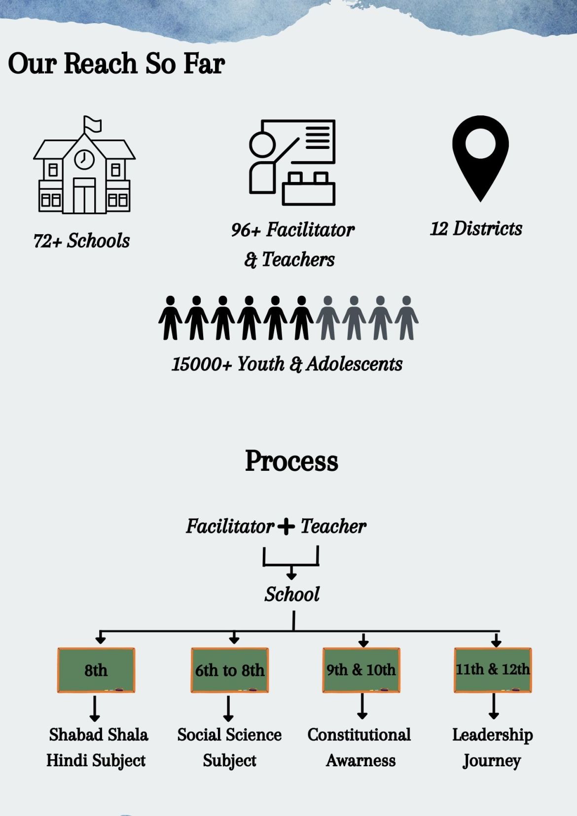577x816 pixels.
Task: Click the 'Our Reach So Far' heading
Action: (x=116, y=64)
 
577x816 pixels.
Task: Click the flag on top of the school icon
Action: (x=92, y=124)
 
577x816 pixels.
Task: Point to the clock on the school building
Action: (x=84, y=159)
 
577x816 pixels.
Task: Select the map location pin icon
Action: (x=480, y=158)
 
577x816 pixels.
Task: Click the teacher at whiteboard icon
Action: (x=292, y=162)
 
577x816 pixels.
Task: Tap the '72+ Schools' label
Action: (x=81, y=241)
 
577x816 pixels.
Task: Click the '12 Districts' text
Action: (x=476, y=229)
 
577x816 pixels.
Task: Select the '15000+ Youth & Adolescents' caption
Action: (x=287, y=364)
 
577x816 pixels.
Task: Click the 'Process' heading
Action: (x=291, y=461)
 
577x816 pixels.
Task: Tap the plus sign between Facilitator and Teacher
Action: (x=286, y=527)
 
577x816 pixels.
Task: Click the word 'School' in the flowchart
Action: (x=292, y=594)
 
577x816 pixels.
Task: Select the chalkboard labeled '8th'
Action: (x=96, y=670)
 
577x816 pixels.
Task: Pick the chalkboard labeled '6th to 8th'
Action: (x=230, y=670)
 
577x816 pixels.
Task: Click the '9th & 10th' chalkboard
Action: (x=361, y=670)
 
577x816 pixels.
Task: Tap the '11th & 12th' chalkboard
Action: (x=493, y=670)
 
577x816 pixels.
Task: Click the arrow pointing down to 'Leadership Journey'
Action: (x=494, y=706)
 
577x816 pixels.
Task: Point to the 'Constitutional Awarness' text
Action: (x=360, y=747)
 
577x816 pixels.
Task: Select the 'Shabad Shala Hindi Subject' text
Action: (x=97, y=747)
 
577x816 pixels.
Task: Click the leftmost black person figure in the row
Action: (x=170, y=318)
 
